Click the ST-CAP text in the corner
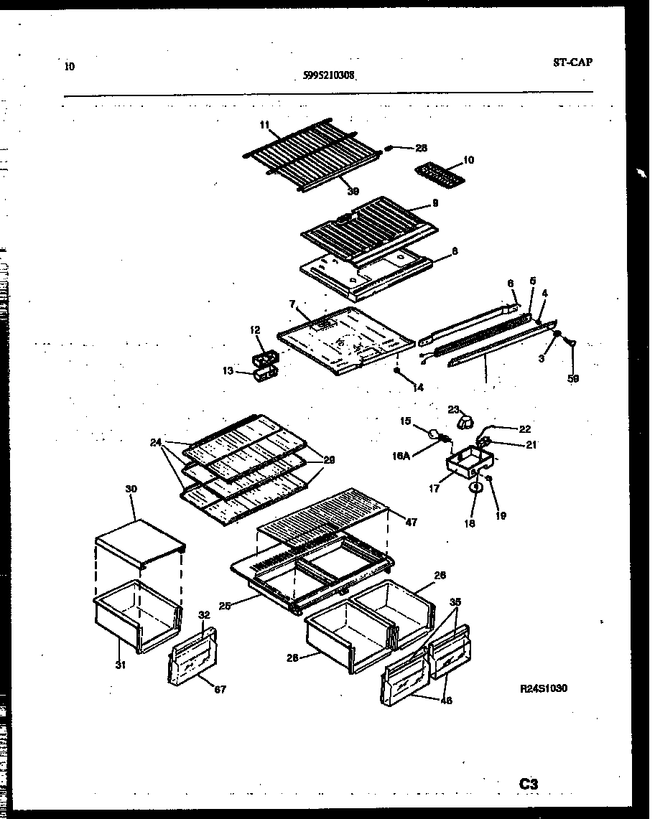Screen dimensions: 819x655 click(x=572, y=62)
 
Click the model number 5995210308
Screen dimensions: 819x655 click(x=329, y=75)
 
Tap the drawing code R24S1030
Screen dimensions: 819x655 click(x=544, y=688)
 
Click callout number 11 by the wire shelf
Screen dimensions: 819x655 click(x=264, y=125)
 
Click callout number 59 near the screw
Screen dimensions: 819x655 click(x=573, y=378)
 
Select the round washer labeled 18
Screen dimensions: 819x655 click(x=475, y=488)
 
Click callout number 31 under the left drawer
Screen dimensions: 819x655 click(x=119, y=665)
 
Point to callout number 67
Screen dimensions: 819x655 click(x=220, y=691)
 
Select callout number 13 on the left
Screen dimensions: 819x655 click(x=228, y=371)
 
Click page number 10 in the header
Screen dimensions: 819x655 click(x=69, y=67)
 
